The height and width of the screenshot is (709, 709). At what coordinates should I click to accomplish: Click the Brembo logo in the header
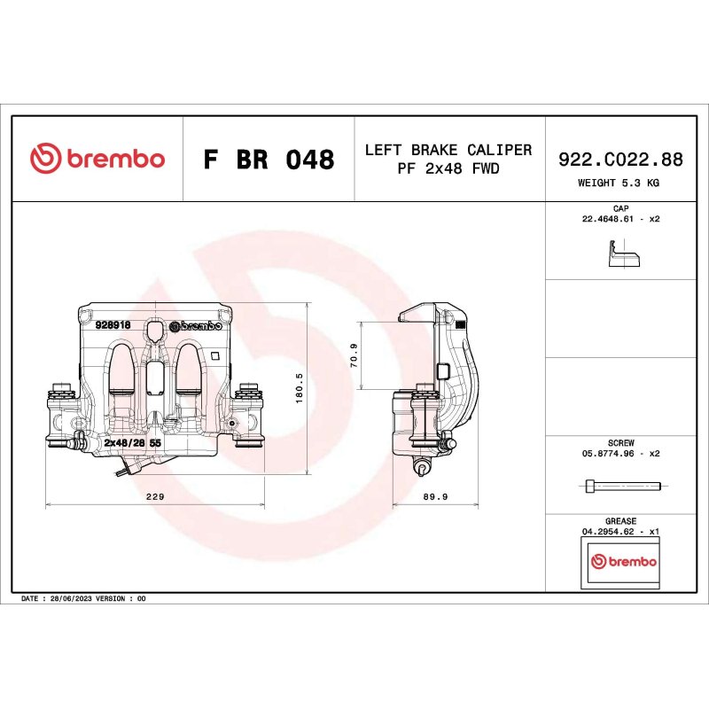97,159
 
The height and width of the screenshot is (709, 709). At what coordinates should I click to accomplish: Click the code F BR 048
269,160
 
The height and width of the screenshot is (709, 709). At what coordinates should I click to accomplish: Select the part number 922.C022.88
620,160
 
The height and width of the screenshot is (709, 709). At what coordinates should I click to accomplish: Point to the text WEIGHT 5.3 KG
618,183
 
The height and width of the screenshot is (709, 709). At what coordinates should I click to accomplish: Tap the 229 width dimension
155,496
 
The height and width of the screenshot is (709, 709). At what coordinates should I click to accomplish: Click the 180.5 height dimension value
299,388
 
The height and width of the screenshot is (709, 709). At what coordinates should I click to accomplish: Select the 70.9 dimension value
354,355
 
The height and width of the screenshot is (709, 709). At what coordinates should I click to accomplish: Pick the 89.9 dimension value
435,496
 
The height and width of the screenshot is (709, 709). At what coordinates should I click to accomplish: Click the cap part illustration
624,254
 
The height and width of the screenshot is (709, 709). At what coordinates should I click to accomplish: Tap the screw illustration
623,487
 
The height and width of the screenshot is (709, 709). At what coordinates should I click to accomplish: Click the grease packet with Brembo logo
620,563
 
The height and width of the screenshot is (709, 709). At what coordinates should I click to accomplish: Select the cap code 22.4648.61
608,219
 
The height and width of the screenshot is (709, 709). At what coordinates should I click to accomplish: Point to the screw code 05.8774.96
608,454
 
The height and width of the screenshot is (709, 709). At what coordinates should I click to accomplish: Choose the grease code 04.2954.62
608,532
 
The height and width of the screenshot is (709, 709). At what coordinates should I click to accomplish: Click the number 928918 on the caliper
113,324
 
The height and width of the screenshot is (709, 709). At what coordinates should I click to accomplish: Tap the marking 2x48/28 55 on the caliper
132,442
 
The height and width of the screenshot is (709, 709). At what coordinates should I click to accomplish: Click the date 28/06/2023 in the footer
71,598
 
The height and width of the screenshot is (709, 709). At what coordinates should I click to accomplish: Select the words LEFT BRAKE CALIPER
448,150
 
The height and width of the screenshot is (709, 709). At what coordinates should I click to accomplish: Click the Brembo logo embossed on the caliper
196,326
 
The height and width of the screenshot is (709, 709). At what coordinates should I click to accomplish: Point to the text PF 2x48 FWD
448,168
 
